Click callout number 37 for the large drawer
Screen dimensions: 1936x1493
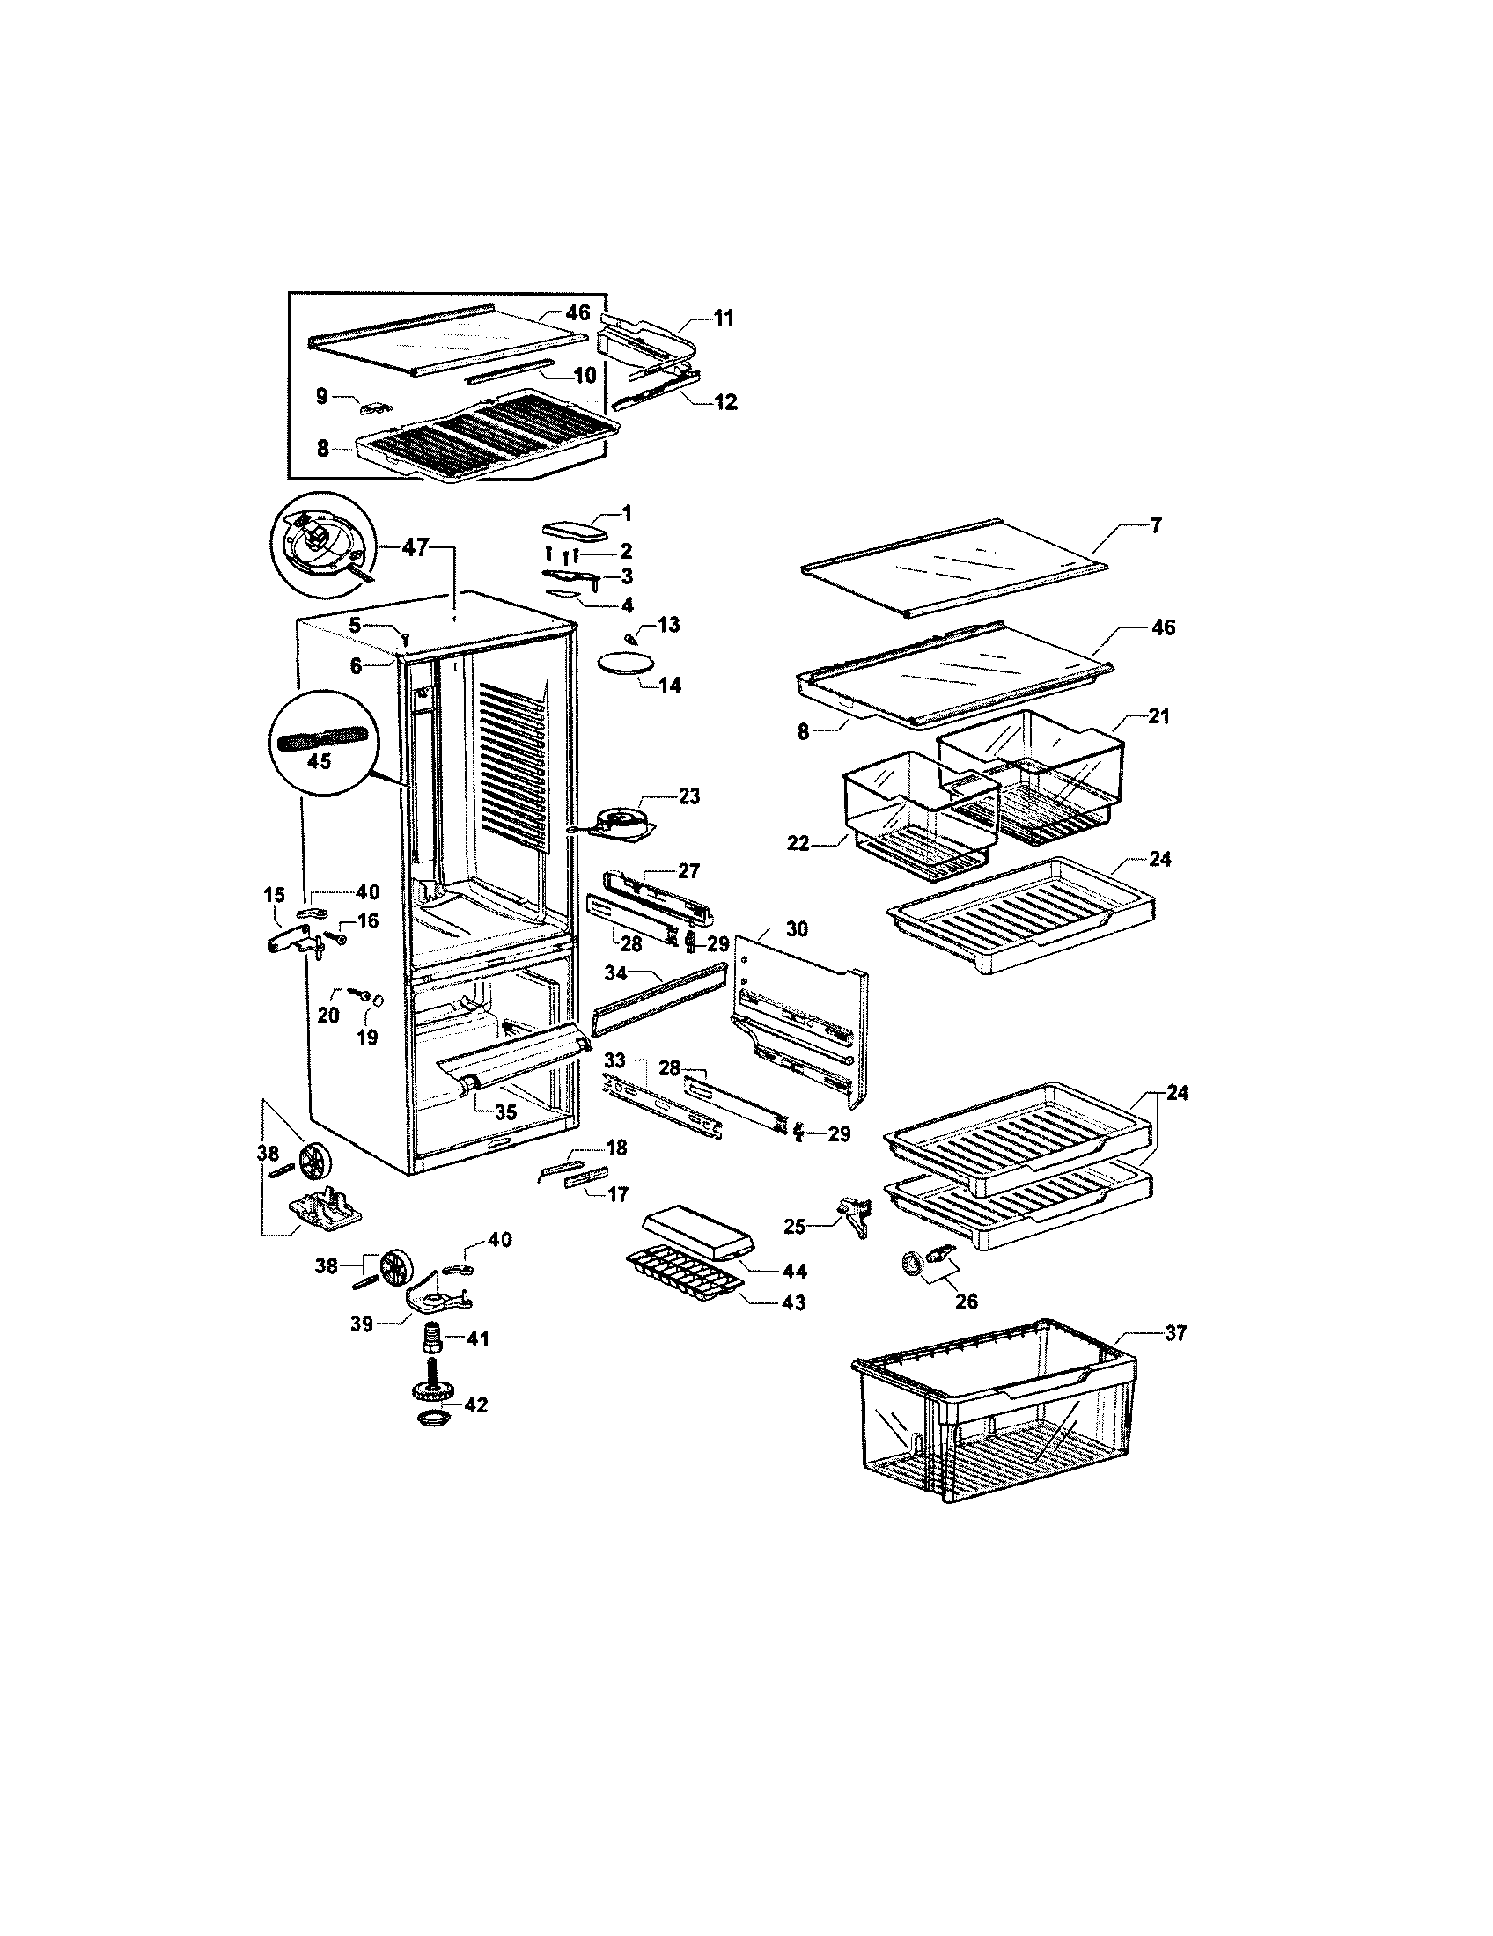(1174, 1358)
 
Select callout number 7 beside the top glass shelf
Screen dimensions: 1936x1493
(1155, 525)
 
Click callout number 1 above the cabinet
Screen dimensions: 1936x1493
(627, 512)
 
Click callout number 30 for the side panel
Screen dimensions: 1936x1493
(797, 929)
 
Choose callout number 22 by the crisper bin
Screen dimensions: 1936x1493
(798, 843)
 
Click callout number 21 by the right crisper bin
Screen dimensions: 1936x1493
(1159, 716)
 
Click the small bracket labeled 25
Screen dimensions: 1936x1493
(853, 1217)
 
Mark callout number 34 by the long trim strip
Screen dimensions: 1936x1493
(616, 973)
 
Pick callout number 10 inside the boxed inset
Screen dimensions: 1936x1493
(585, 375)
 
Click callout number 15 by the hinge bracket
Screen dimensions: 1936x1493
(274, 897)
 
